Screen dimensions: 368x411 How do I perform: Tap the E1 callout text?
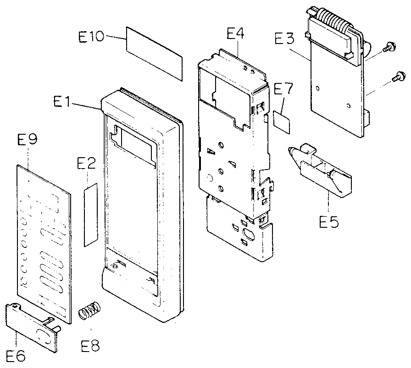pyautogui.click(x=66, y=101)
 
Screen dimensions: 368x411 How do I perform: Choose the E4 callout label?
pyautogui.click(x=235, y=34)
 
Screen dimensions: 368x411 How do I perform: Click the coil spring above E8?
pyautogui.click(x=89, y=311)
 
